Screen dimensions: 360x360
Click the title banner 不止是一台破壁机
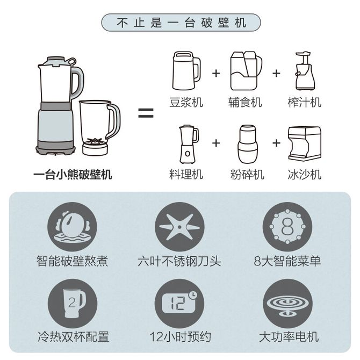[181, 23]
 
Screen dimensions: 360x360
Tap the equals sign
[146, 113]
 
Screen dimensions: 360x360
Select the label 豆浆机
[186, 102]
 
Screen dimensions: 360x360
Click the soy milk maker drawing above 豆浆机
[186, 71]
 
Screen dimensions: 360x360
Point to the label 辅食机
[245, 102]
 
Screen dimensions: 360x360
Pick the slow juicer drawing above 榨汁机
[305, 71]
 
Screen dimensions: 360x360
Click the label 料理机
[186, 175]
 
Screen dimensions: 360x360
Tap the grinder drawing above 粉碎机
[247, 144]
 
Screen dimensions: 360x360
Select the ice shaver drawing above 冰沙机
[305, 143]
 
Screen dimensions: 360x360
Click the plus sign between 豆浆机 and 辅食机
[216, 73]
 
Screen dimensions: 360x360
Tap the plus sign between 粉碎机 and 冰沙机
[276, 143]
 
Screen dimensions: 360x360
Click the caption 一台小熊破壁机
[73, 175]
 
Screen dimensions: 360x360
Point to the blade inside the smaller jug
[95, 141]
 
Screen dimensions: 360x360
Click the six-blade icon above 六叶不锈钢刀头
[179, 227]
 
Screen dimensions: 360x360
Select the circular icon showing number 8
[287, 227]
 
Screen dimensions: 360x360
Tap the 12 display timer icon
[179, 304]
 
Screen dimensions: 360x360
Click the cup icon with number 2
[73, 304]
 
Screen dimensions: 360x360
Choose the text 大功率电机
[289, 337]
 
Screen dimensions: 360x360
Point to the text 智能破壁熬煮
[73, 261]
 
